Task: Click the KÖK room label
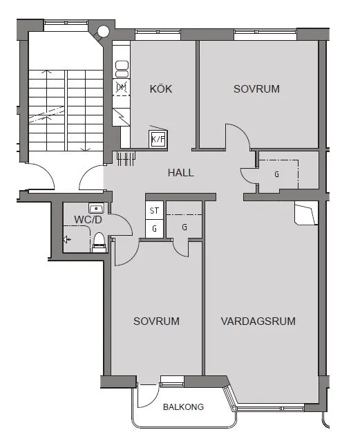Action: pos(160,88)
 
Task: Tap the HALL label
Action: pos(180,173)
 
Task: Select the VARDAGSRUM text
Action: pos(258,321)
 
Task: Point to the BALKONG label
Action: pos(183,407)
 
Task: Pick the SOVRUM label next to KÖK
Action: pos(256,88)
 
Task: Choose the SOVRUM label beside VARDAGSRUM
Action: pos(157,321)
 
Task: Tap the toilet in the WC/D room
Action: pos(99,241)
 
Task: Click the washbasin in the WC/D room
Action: pos(95,207)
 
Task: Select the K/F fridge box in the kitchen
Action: pos(158,139)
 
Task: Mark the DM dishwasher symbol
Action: pos(122,87)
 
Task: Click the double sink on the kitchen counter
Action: pos(122,68)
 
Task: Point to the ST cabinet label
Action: pos(154,211)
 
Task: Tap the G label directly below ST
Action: pos(154,227)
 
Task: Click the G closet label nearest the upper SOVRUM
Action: pos(276,174)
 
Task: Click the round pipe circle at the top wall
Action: pos(104,31)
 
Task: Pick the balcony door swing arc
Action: pos(147,396)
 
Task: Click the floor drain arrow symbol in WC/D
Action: pos(67,240)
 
